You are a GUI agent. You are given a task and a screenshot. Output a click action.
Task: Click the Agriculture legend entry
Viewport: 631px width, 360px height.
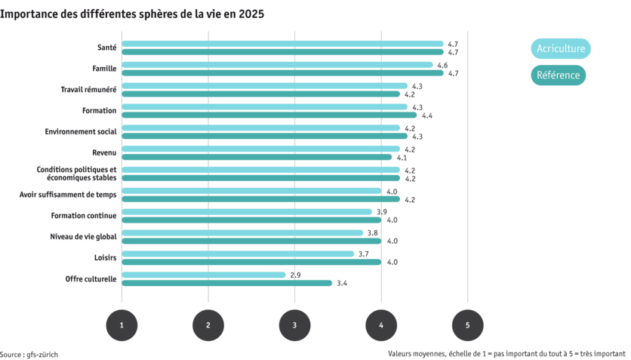(x=560, y=49)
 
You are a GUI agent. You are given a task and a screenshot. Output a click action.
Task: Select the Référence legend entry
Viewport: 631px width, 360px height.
(x=559, y=75)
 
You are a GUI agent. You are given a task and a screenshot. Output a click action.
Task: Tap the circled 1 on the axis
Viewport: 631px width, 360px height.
(x=122, y=325)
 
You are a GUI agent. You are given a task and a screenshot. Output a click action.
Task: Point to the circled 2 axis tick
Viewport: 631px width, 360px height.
(x=208, y=325)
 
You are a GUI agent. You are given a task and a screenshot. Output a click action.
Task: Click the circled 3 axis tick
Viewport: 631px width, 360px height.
(x=294, y=325)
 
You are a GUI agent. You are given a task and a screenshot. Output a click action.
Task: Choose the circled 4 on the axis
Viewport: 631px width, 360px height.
(x=381, y=325)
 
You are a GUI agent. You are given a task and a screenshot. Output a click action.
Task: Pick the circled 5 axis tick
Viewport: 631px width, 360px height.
(x=468, y=325)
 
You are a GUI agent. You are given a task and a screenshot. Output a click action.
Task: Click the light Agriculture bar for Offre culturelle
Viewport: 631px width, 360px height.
(x=204, y=275)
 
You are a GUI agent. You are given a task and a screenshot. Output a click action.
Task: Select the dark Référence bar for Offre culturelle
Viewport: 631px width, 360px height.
(x=226, y=283)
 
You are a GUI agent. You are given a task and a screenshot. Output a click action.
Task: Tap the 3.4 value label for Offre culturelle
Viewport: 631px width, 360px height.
(x=341, y=283)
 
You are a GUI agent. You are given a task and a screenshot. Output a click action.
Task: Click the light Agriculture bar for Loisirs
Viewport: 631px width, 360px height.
(x=238, y=254)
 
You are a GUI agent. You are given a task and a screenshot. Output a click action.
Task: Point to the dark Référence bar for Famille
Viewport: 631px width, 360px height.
(x=282, y=73)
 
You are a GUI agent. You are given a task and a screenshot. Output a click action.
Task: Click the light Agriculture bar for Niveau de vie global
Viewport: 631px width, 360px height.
(x=242, y=232)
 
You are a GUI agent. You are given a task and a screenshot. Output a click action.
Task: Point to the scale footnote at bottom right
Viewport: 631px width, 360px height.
(x=508, y=353)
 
